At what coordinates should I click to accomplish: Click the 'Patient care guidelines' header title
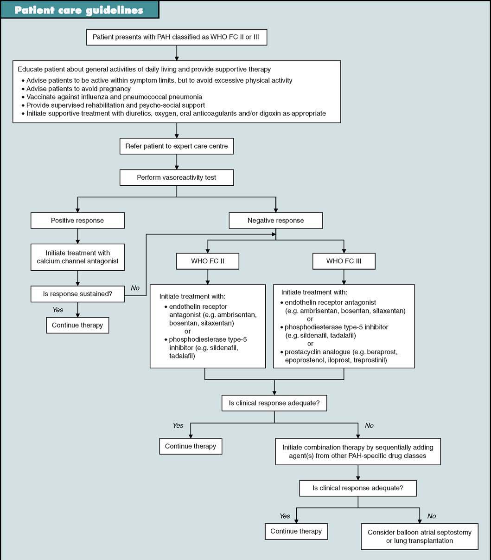79,10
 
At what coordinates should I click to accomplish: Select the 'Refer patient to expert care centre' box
177,146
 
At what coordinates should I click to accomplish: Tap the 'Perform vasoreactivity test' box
177,177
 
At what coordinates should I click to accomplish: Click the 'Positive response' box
77,221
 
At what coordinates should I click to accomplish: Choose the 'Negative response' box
275,221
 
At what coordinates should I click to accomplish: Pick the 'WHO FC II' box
207,261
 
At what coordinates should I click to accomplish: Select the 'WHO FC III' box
344,261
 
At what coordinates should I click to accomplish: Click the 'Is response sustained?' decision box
77,294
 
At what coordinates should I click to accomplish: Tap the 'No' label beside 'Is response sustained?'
135,288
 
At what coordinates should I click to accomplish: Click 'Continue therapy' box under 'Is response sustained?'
77,325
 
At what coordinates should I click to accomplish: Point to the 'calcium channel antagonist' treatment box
77,257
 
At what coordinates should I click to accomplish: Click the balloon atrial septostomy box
419,536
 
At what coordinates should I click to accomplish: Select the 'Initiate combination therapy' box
357,451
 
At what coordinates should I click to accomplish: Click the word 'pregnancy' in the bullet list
115,89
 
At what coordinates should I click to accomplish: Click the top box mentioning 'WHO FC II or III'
176,37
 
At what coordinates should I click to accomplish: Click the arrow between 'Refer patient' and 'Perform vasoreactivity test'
177,162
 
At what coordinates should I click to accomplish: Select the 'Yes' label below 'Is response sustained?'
58,310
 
